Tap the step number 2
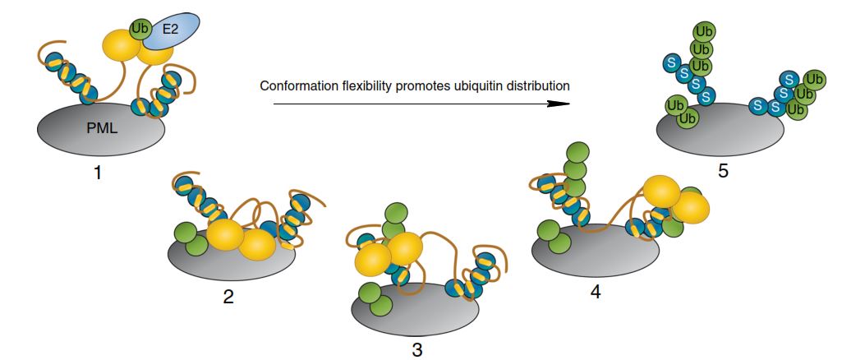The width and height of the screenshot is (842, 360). pyautogui.click(x=228, y=296)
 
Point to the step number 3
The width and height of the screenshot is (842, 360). pyautogui.click(x=417, y=349)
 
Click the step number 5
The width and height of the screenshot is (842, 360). pyautogui.click(x=721, y=170)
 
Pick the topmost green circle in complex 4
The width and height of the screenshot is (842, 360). pyautogui.click(x=578, y=154)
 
